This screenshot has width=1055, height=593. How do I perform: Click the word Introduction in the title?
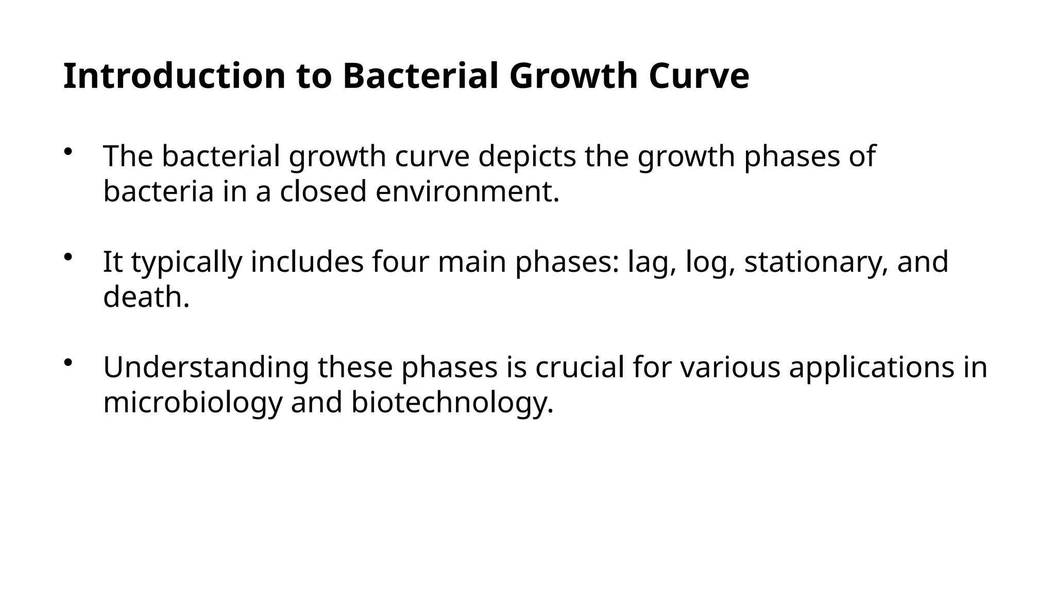[x=174, y=76]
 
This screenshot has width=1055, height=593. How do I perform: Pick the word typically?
[x=186, y=262]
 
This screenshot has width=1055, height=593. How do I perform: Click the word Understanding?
[x=206, y=368]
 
